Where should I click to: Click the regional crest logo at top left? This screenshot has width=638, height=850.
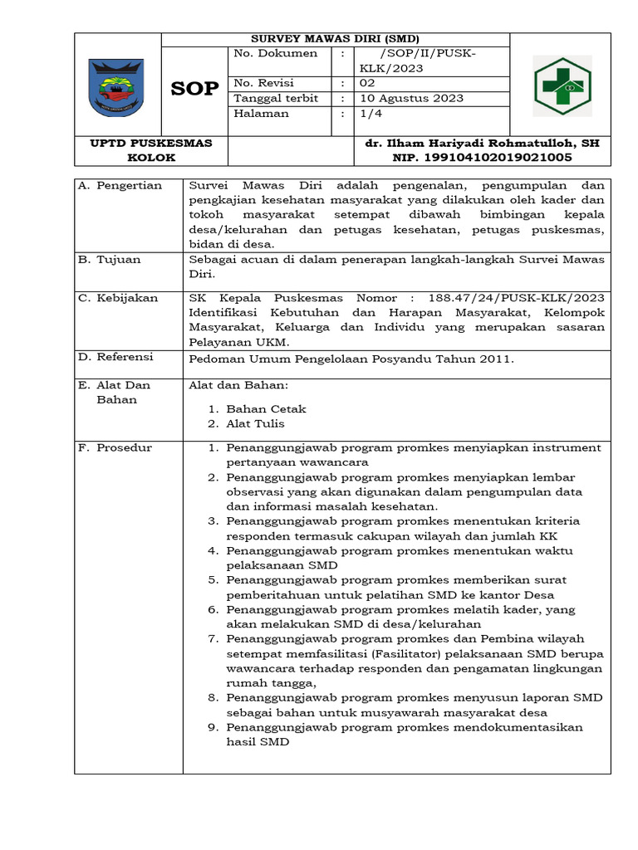pos(116,86)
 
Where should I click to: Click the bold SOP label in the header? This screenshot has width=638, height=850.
pos(195,89)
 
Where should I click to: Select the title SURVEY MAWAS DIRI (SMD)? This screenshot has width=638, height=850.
pos(335,38)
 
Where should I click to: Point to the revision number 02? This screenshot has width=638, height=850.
pos(366,83)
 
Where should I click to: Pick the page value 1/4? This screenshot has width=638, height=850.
pos(367,113)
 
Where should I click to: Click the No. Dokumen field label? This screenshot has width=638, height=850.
pos(276,53)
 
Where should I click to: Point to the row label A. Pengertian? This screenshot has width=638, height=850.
pos(120,185)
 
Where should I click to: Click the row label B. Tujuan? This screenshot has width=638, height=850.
pos(110,259)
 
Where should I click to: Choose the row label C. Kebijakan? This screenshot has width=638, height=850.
pos(118,297)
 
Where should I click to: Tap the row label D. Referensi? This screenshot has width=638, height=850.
pos(117,357)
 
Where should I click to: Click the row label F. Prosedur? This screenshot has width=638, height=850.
pos(115,447)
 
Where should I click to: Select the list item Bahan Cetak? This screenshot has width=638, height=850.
pos(266,408)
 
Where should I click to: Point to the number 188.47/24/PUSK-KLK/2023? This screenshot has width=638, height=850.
pos(516,297)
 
